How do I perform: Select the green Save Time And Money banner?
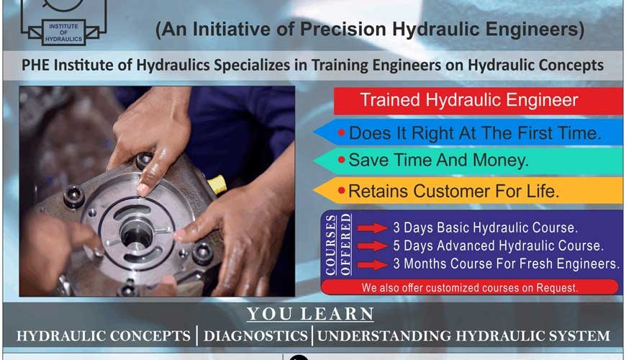tap(468, 161)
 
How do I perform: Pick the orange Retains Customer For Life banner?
tap(468, 192)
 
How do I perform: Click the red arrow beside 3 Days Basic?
tap(372, 229)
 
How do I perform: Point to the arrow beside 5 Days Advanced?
tap(372, 246)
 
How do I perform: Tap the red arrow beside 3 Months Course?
tap(372, 264)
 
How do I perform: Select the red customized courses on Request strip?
tap(469, 287)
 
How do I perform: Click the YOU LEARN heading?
tap(311, 314)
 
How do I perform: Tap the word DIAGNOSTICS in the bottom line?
tap(256, 336)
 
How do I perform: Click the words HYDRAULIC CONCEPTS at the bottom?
tap(106, 336)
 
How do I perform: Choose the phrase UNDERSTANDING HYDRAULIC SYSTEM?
tap(463, 336)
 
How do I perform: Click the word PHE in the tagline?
tap(40, 66)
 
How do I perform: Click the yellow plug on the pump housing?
tap(217, 185)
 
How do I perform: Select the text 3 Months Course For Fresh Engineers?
tap(505, 264)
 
